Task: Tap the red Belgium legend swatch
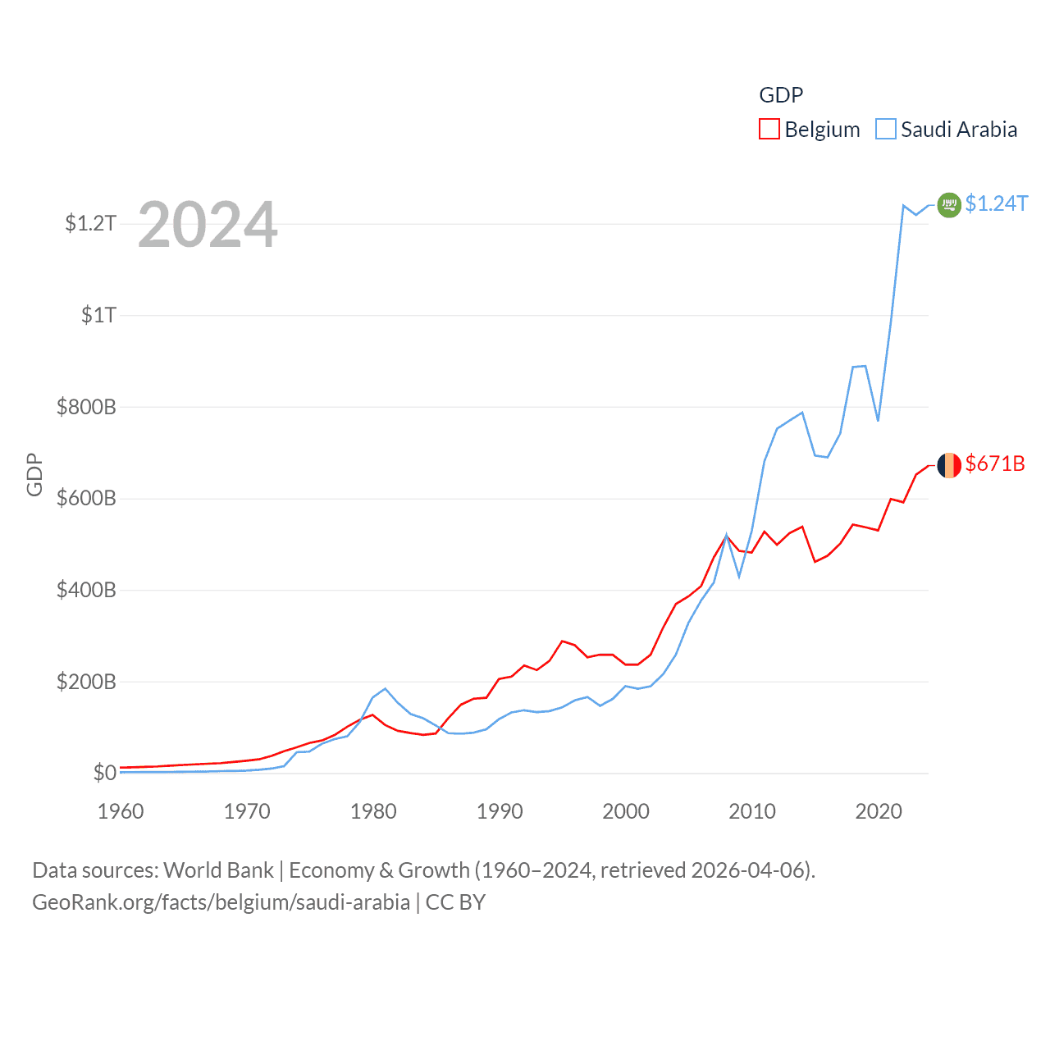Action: pos(769,130)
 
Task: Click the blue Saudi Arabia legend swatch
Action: pos(886,130)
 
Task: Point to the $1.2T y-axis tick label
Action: pos(90,223)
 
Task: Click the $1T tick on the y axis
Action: pos(98,315)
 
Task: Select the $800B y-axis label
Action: pos(86,407)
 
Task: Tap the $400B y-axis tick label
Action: pos(86,590)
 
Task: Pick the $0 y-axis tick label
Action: pos(104,773)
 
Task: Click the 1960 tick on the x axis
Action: pos(121,811)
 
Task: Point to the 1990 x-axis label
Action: pos(500,811)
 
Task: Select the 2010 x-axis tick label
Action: pos(752,811)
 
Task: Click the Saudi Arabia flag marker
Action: pos(949,204)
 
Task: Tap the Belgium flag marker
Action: pos(949,465)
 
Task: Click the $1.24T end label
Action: pos(996,203)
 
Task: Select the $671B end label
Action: pos(995,463)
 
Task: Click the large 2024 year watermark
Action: pos(208,225)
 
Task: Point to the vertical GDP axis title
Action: pos(34,474)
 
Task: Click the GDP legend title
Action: pos(781,95)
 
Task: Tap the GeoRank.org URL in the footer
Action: pos(221,902)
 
